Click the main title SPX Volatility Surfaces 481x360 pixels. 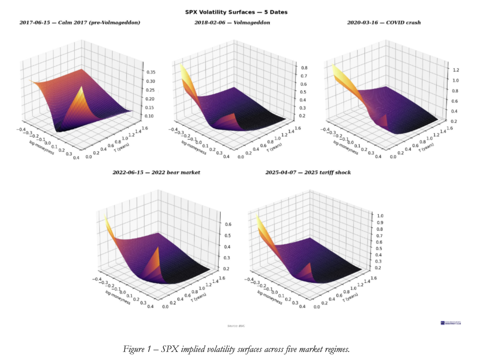pyautogui.click(x=236, y=12)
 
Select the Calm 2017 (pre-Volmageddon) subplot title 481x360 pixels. pyautogui.click(x=80, y=23)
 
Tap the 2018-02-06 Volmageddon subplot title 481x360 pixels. pyautogui.click(x=232, y=23)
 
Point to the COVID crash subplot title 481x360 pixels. pyautogui.click(x=384, y=23)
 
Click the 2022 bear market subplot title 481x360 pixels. pyautogui.click(x=156, y=173)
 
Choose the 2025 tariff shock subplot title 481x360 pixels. pyautogui.click(x=308, y=173)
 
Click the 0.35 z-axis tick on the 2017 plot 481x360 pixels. pyautogui.click(x=151, y=72)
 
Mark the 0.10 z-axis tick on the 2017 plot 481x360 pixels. pyautogui.click(x=150, y=116)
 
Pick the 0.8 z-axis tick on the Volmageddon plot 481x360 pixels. pyautogui.click(x=304, y=68)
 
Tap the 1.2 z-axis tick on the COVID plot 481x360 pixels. pyautogui.click(x=456, y=70)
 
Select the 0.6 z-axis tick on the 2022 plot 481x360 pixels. pyautogui.click(x=228, y=224)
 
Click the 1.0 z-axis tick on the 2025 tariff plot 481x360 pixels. pyautogui.click(x=380, y=216)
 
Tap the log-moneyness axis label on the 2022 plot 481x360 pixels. pyautogui.click(x=118, y=297)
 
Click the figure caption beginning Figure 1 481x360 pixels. pyautogui.click(x=236, y=349)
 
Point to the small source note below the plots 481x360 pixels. pyautogui.click(x=236, y=326)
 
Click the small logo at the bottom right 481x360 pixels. pyautogui.click(x=450, y=323)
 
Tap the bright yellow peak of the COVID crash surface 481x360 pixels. pyautogui.click(x=334, y=68)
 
